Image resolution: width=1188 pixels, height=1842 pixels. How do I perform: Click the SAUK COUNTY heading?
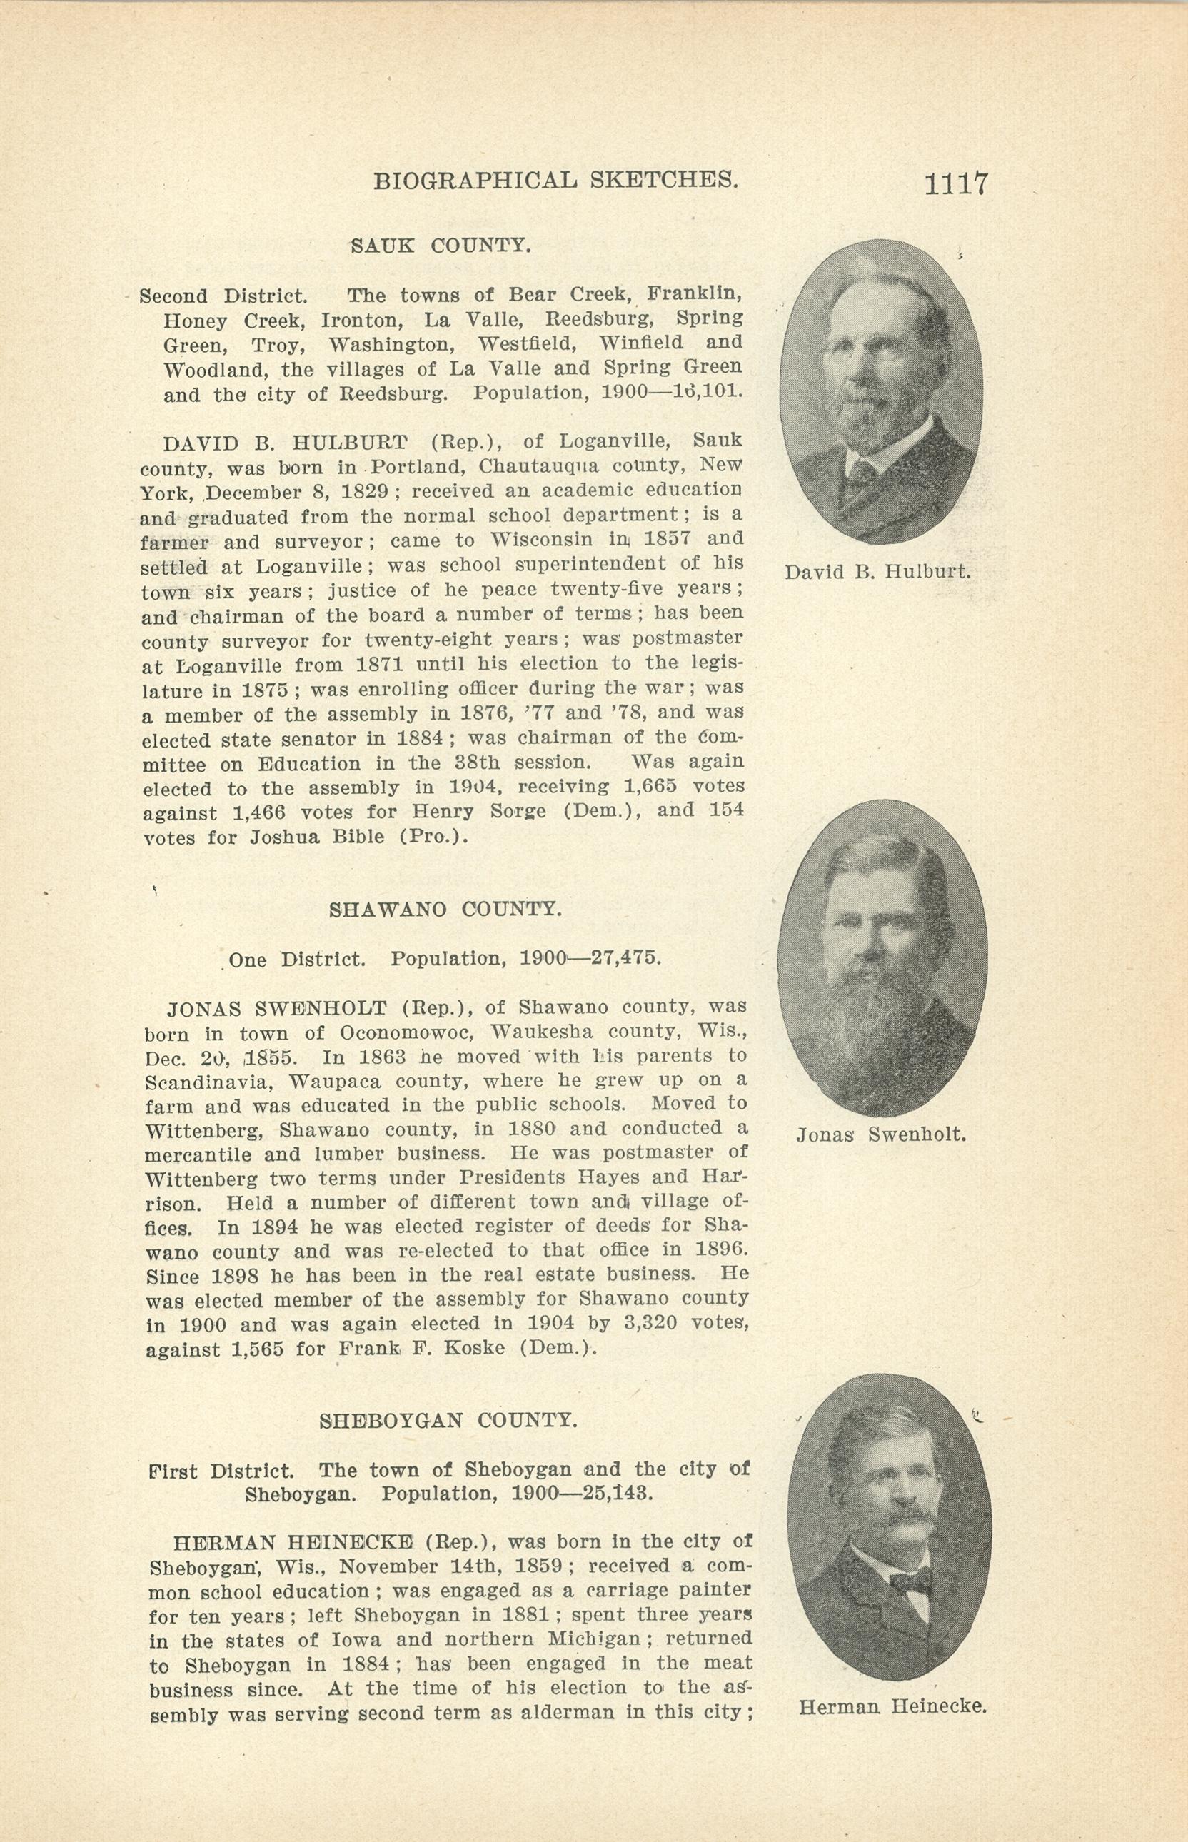point(441,246)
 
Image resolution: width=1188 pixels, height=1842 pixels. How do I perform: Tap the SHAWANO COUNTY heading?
point(445,910)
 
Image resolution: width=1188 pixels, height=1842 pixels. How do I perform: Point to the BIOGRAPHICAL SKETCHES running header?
point(556,181)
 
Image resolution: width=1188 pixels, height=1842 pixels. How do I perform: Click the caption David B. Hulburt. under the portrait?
point(878,573)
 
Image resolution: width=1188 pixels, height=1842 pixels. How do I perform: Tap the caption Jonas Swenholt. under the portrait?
point(881,1134)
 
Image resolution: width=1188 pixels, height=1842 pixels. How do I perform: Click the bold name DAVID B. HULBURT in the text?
point(286,443)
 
